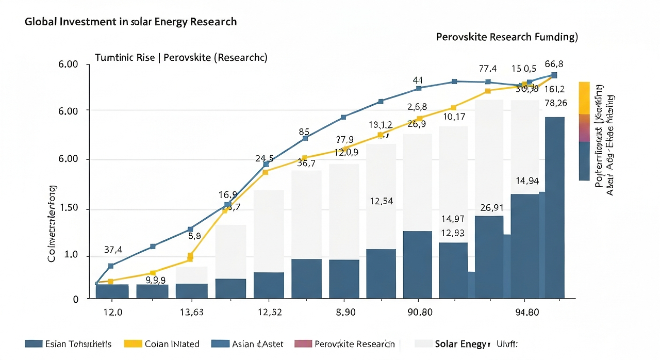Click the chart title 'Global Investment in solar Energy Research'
click(130, 22)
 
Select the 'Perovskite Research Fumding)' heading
click(506, 37)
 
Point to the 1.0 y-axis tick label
click(71, 255)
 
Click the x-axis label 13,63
click(191, 313)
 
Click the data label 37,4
click(113, 250)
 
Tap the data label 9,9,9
click(156, 281)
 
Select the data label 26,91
click(492, 208)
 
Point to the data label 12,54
click(382, 201)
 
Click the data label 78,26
click(555, 103)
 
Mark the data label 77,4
click(487, 69)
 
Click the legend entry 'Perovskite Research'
click(353, 344)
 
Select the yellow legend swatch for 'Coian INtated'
click(133, 344)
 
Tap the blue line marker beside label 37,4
click(111, 266)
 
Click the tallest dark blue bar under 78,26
click(554, 206)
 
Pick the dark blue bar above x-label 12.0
click(112, 291)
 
